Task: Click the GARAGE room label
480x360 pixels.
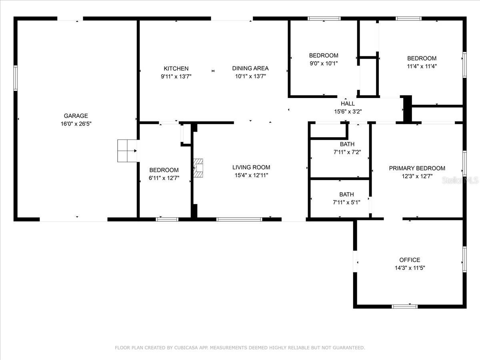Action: tap(76, 116)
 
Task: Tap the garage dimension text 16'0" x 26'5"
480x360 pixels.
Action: tap(76, 124)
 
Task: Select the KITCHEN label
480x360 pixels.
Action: tap(176, 68)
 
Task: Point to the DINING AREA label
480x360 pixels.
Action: tap(250, 68)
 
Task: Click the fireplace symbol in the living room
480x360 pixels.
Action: tap(198, 168)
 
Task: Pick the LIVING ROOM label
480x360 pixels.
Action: tap(251, 167)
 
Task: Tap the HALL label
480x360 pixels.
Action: tap(348, 103)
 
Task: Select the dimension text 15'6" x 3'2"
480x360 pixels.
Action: tap(348, 112)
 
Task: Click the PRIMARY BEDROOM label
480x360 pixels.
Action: tap(417, 168)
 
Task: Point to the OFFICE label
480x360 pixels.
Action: tap(410, 260)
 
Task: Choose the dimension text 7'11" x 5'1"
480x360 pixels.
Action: tap(346, 202)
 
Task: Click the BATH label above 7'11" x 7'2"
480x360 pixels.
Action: tap(347, 144)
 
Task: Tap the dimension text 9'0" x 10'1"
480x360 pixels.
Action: tap(324, 63)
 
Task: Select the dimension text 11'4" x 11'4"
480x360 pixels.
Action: tap(422, 66)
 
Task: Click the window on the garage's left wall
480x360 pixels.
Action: tap(16, 78)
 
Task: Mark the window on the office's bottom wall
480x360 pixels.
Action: tap(404, 306)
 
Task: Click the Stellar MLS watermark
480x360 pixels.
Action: tap(460, 180)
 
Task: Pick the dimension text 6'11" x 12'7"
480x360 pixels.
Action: tap(164, 178)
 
